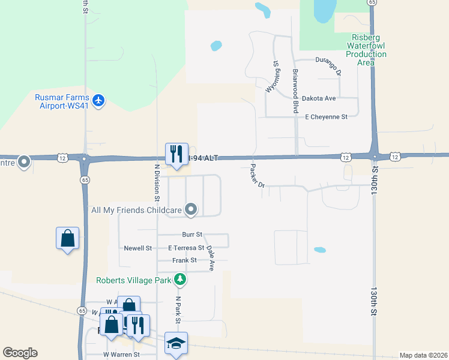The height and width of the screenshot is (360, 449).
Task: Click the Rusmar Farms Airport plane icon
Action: [99, 100]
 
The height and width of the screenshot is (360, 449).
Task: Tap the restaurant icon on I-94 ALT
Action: [176, 154]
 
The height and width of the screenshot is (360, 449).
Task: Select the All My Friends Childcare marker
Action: [191, 209]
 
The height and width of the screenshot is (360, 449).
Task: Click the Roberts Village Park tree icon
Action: [179, 279]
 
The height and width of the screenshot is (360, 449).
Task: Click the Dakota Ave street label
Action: [319, 98]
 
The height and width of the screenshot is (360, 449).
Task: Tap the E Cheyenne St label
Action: [326, 117]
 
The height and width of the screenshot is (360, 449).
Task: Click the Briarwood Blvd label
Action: [295, 83]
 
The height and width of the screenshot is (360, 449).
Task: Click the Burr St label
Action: [192, 235]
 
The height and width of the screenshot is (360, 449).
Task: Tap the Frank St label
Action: [184, 260]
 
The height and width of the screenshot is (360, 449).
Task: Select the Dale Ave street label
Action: [211, 257]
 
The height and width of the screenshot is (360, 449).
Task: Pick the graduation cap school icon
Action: [176, 343]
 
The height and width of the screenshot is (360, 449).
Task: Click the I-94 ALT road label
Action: [202, 158]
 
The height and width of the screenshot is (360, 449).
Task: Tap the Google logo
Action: [20, 353]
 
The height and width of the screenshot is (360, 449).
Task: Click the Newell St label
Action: [137, 248]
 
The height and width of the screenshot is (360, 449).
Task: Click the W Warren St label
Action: [121, 355]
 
